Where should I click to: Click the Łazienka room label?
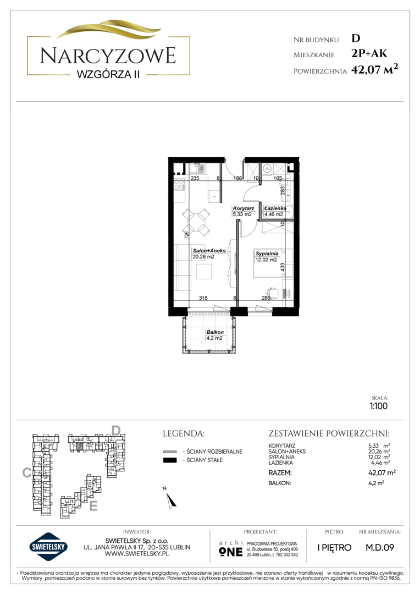coord(275,208)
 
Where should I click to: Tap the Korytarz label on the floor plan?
coord(243,208)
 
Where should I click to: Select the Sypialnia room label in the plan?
coord(267,254)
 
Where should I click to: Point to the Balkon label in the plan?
coord(215,332)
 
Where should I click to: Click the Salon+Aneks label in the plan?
coord(209,250)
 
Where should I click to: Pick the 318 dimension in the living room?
coord(203,298)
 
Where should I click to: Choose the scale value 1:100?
coord(379,406)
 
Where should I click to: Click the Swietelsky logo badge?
coord(49,547)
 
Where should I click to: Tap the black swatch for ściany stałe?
coord(170,460)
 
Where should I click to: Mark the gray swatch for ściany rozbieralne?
coord(170,452)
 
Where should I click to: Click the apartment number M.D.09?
coord(380,547)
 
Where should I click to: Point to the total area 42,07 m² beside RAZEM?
coord(382,472)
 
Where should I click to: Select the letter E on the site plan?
coord(93,506)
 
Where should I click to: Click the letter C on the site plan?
coord(26,472)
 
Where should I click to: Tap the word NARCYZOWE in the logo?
coord(108,56)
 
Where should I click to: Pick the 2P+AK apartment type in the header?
coord(369,53)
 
